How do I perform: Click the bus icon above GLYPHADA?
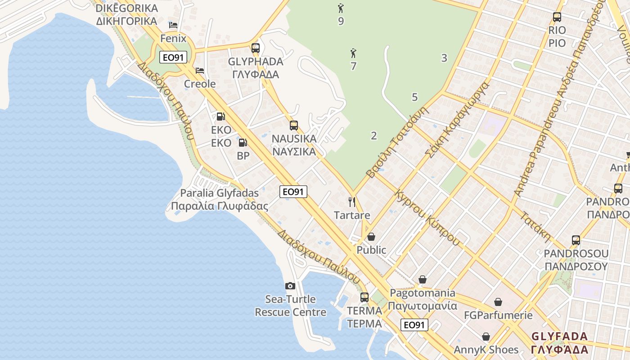(x=256, y=48)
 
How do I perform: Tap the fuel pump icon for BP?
(x=243, y=143)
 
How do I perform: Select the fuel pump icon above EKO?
(x=220, y=117)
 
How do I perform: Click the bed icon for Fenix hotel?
(x=173, y=25)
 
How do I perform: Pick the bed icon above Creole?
(x=200, y=71)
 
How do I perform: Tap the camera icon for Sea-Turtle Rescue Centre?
(x=290, y=286)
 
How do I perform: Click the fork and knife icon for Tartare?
(x=352, y=202)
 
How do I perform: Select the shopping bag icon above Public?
(x=371, y=237)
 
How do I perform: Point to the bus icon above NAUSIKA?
(x=294, y=126)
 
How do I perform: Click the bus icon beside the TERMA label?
(x=364, y=297)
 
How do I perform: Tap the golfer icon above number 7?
(x=353, y=54)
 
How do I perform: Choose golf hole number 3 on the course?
(x=444, y=58)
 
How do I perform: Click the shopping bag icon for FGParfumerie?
(x=498, y=302)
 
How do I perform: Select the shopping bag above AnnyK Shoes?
(x=486, y=337)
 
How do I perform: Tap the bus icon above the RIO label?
(x=557, y=18)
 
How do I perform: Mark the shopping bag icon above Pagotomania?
(x=422, y=280)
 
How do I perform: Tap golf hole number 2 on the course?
(x=373, y=135)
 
